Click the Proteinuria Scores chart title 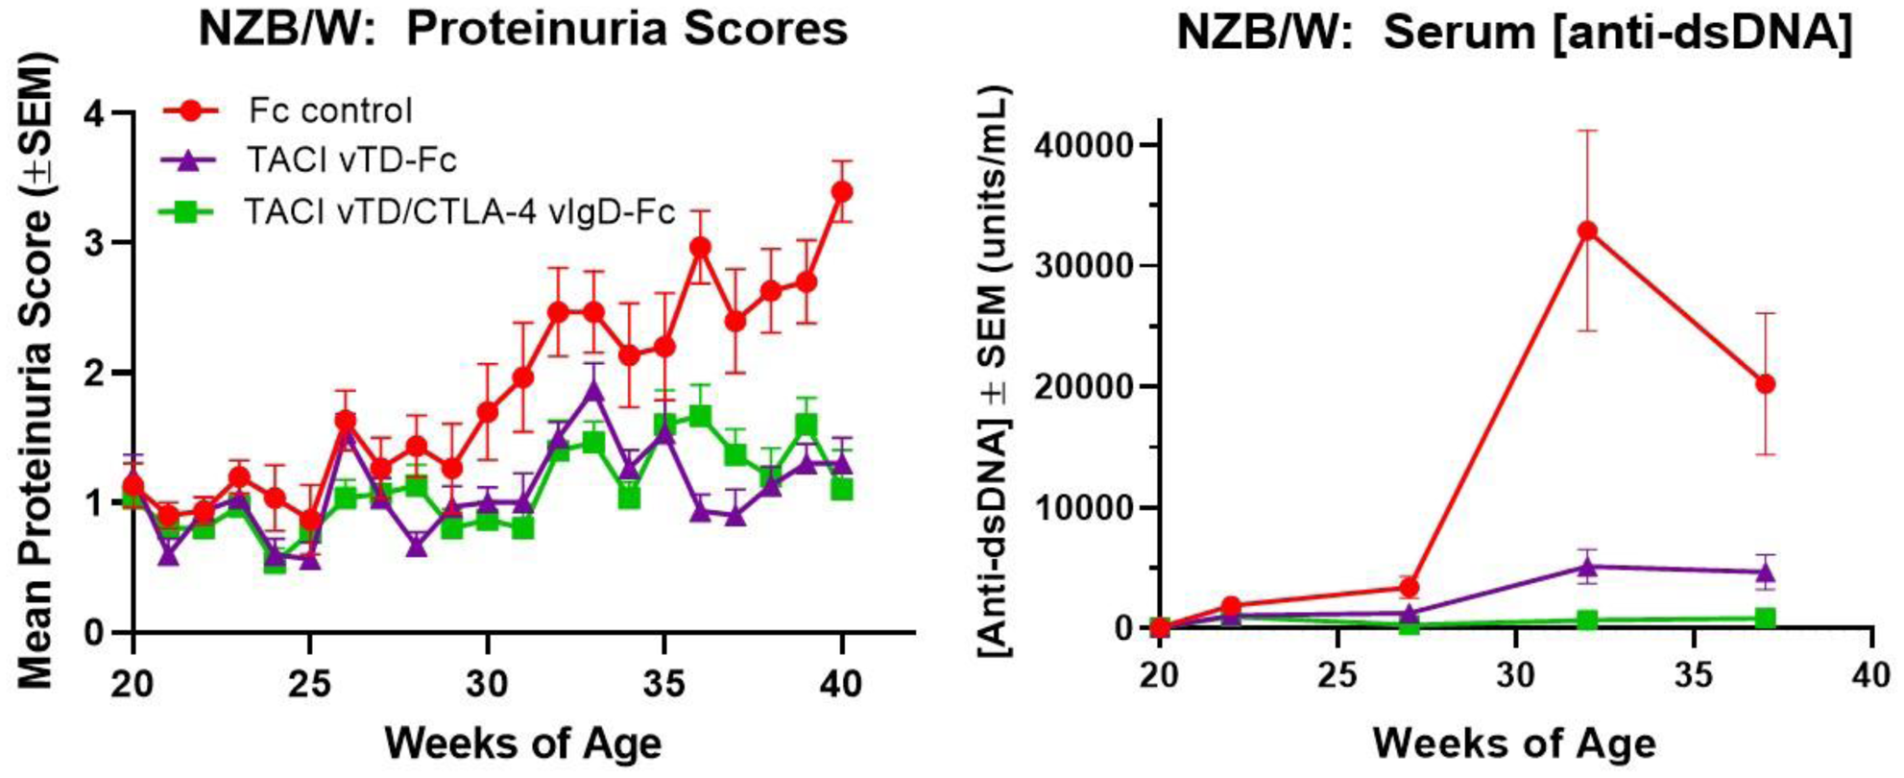(x=523, y=29)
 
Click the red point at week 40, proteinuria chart (x=842, y=191)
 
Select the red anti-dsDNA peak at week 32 (x=1587, y=231)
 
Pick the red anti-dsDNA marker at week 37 (x=1765, y=384)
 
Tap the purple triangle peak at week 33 (x=594, y=390)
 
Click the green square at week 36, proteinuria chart (x=700, y=416)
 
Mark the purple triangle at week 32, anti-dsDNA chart (x=1587, y=567)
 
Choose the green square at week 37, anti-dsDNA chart (x=1765, y=618)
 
